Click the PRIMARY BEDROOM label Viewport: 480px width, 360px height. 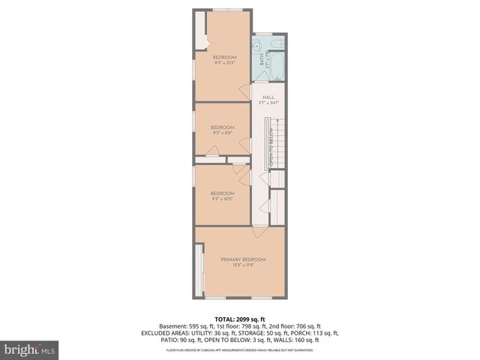[243, 259]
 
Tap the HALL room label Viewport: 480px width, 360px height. [268, 97]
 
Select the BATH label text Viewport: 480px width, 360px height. [262, 59]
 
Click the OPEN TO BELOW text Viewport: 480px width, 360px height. [270, 147]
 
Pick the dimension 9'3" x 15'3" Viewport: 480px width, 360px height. [224, 63]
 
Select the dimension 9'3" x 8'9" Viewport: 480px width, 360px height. [222, 132]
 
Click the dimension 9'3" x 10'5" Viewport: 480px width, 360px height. [223, 199]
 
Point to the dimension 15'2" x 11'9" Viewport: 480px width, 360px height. [243, 265]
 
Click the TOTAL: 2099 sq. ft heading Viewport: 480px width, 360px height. [240, 319]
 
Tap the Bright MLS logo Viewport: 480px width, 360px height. [29, 349]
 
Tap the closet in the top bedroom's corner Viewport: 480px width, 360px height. [199, 31]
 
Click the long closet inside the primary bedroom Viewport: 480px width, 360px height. [199, 269]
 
